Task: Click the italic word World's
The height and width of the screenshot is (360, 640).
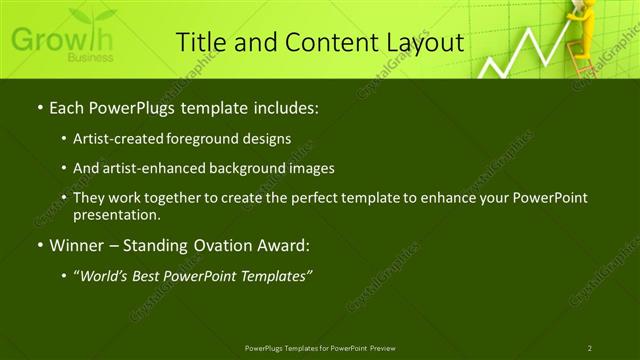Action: (x=105, y=276)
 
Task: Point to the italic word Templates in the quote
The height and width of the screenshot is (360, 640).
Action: (x=274, y=276)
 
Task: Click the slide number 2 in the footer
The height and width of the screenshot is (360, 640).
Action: (x=590, y=348)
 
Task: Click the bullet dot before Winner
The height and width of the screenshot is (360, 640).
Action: (x=38, y=245)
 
